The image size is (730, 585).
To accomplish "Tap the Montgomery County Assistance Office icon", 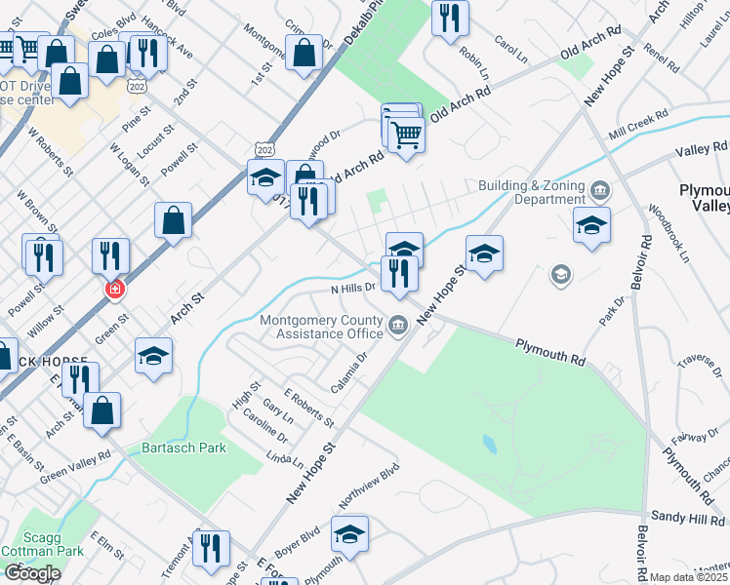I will (x=397, y=325).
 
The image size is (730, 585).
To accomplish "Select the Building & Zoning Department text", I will (x=531, y=192).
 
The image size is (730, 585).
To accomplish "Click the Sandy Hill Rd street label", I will (x=687, y=519).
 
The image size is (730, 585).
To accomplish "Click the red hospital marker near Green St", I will (x=114, y=290).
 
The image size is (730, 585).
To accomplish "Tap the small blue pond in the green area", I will (x=489, y=445).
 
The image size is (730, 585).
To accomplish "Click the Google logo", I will (x=31, y=572).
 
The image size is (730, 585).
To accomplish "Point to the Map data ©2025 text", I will (x=688, y=577).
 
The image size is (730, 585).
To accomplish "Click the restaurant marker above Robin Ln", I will (x=450, y=18).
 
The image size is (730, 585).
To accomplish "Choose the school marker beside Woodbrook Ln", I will (x=592, y=225).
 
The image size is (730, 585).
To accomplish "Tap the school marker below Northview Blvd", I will (x=349, y=533).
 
